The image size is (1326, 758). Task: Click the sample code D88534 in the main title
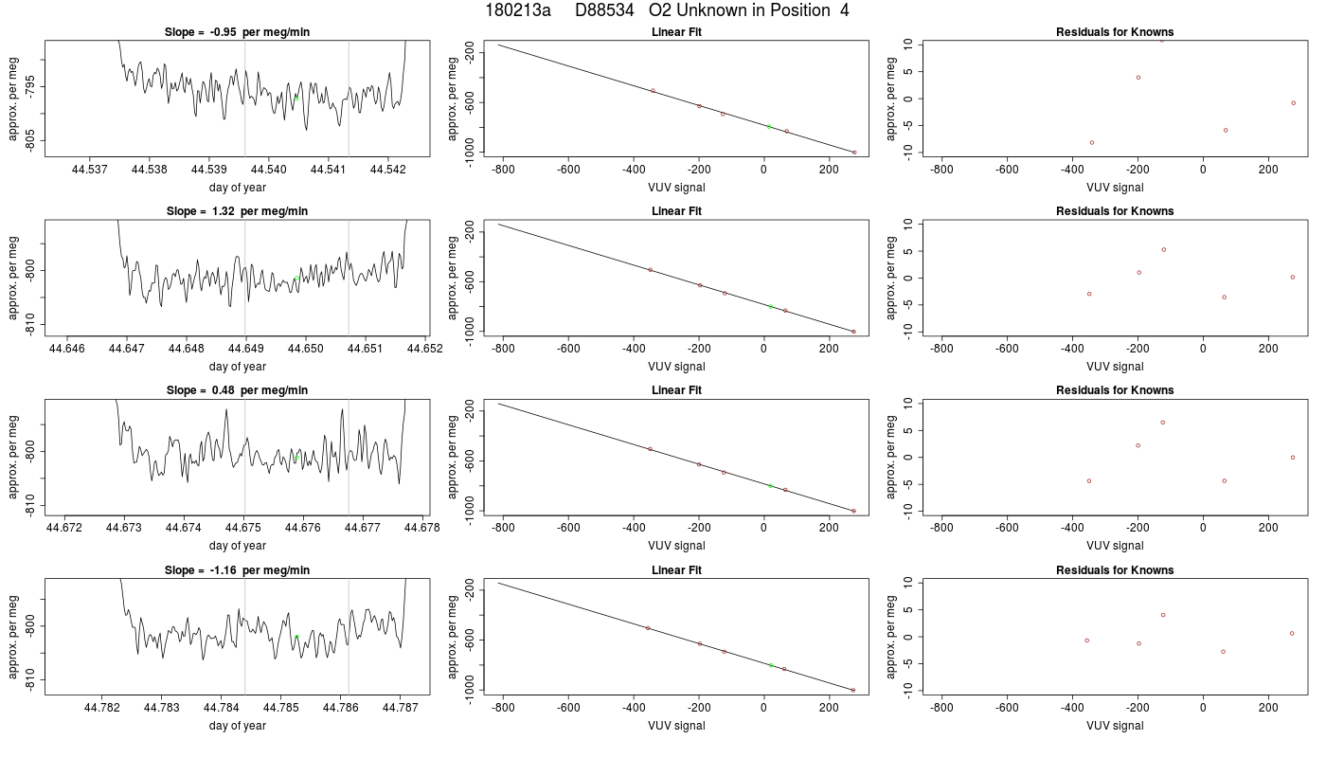(604, 10)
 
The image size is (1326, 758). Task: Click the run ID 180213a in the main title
(518, 10)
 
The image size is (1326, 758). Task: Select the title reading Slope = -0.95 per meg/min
(237, 32)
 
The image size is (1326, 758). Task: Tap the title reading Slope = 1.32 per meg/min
(237, 210)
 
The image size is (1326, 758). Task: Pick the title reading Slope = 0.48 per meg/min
(237, 390)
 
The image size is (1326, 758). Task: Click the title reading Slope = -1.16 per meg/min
(237, 570)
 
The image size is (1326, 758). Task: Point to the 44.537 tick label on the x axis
(89, 170)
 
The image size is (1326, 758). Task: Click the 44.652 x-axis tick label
(425, 349)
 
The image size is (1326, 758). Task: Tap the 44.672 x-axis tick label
(64, 528)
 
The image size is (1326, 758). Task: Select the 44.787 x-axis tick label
(400, 708)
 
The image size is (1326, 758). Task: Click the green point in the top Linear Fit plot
(769, 127)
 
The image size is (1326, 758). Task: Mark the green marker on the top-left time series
(296, 98)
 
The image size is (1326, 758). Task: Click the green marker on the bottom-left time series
(296, 637)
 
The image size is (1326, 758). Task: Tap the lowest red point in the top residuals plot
(1091, 143)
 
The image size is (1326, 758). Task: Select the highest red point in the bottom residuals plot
(1163, 615)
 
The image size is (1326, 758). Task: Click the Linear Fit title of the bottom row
(676, 570)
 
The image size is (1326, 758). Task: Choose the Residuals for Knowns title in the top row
(1115, 32)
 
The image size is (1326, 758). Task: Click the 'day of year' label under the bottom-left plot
(238, 726)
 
